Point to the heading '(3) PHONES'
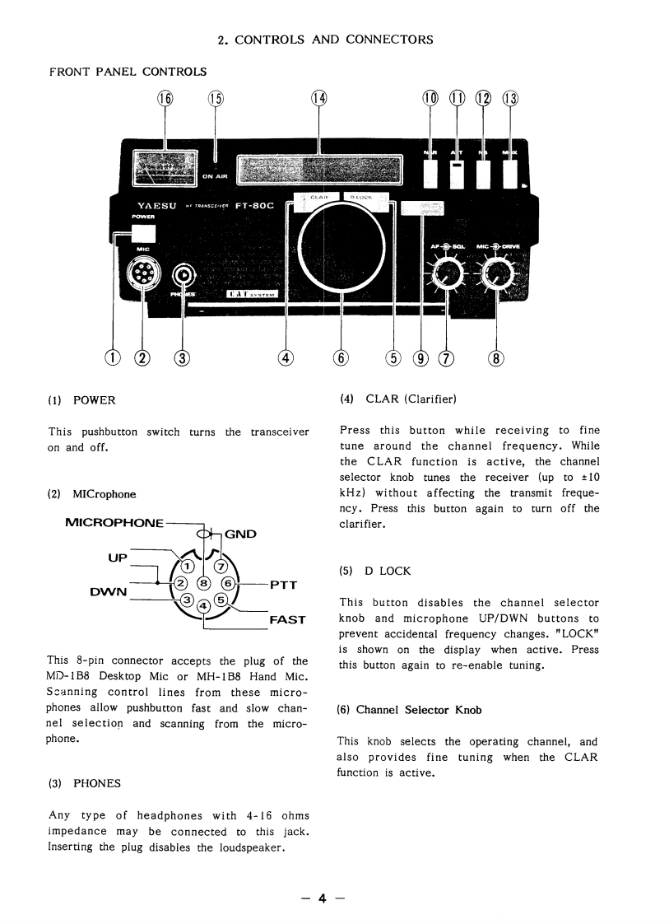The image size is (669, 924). tap(84, 783)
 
